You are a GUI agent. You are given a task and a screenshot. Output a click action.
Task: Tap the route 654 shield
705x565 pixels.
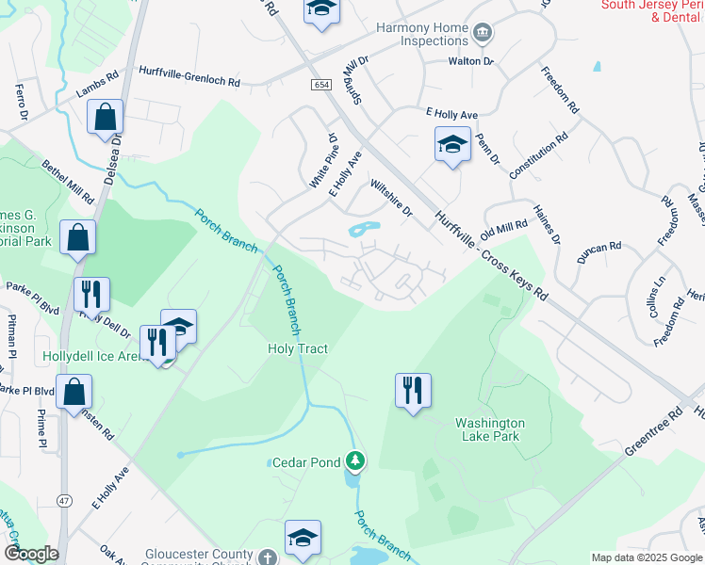click(x=321, y=85)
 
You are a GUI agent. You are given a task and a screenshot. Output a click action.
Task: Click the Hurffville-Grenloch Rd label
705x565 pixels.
click(x=189, y=83)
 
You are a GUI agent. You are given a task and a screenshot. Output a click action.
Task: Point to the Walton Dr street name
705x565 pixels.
click(x=470, y=61)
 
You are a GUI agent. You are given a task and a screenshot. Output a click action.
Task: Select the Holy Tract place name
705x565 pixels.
click(x=298, y=348)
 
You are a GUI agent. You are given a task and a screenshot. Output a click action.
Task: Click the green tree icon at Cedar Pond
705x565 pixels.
click(x=355, y=460)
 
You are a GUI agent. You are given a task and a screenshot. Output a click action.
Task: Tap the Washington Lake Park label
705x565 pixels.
click(x=490, y=430)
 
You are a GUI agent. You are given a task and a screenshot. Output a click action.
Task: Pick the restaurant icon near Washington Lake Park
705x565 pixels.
click(x=413, y=389)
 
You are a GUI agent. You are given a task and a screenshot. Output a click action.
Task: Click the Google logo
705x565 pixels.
click(x=30, y=554)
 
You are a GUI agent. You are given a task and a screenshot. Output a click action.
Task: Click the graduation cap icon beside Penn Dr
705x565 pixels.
click(x=452, y=145)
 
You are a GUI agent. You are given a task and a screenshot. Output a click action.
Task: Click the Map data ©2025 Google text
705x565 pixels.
click(x=646, y=557)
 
